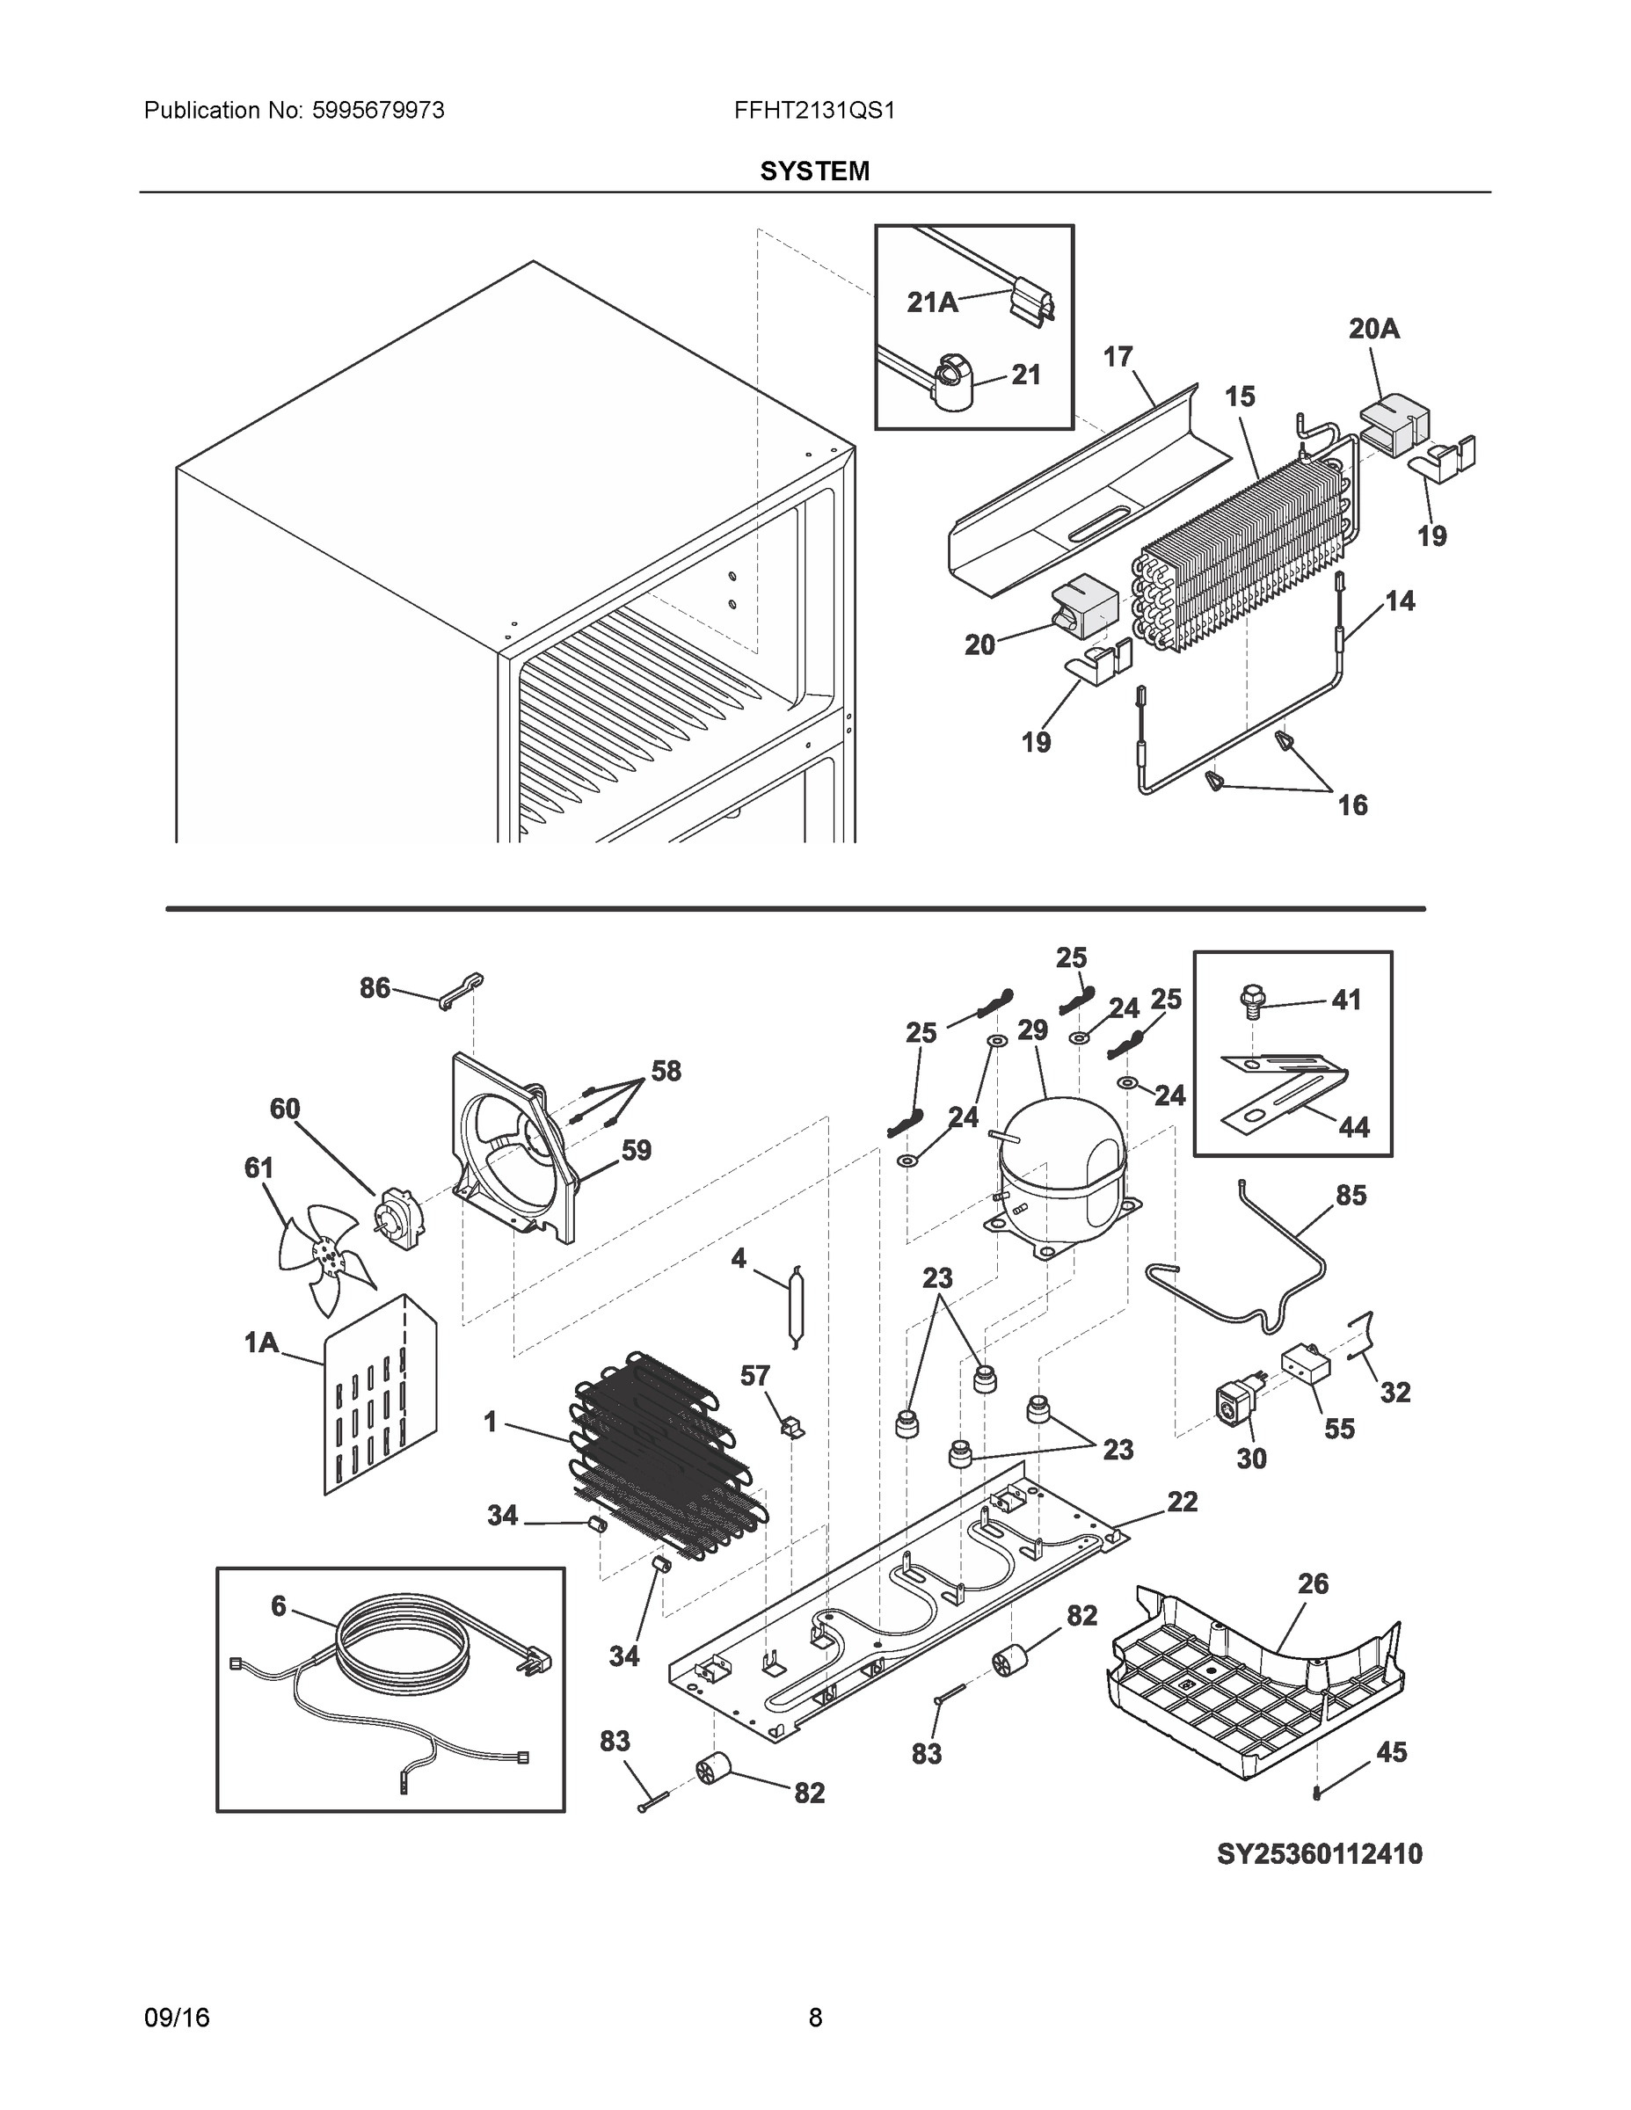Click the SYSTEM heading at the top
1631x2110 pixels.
pyautogui.click(x=814, y=171)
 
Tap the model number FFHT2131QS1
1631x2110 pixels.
pyautogui.click(x=814, y=110)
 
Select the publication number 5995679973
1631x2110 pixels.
pyautogui.click(x=378, y=110)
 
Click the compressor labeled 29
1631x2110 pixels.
pyautogui.click(x=1061, y=1168)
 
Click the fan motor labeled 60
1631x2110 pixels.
pyautogui.click(x=397, y=1219)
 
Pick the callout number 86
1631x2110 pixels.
pyautogui.click(x=375, y=987)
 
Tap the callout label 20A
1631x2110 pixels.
pyautogui.click(x=1374, y=330)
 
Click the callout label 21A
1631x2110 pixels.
pyautogui.click(x=932, y=302)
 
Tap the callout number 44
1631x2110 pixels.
pyautogui.click(x=1354, y=1126)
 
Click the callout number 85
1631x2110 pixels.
pyautogui.click(x=1351, y=1195)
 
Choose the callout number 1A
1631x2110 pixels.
pyautogui.click(x=261, y=1342)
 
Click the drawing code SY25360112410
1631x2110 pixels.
pyautogui.click(x=1319, y=1854)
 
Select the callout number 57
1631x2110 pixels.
pyautogui.click(x=755, y=1376)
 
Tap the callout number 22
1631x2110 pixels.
pyautogui.click(x=1182, y=1502)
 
